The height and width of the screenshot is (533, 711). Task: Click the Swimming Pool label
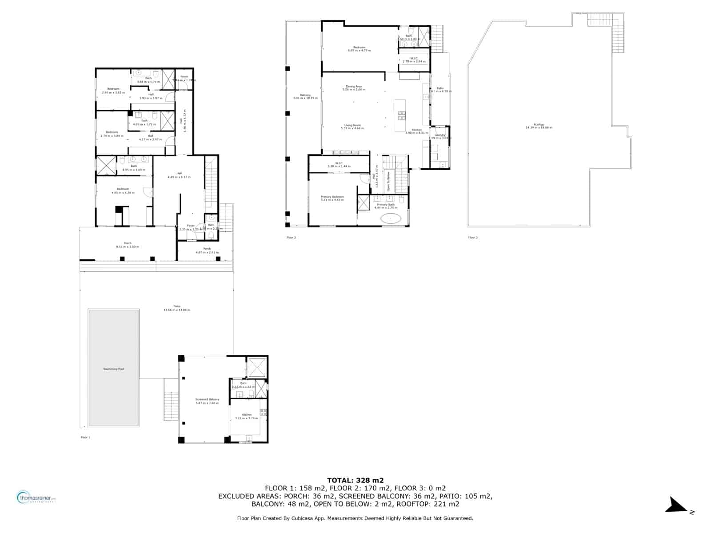point(113,369)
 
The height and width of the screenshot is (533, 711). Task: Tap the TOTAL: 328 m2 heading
point(355,480)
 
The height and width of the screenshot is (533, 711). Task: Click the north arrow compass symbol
point(678,505)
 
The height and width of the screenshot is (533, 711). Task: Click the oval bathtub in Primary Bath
point(391,219)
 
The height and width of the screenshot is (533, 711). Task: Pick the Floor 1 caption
point(85,438)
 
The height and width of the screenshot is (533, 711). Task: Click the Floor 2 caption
point(291,238)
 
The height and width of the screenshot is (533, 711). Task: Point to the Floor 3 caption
point(473,238)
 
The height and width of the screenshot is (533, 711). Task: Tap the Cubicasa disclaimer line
point(355,518)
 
